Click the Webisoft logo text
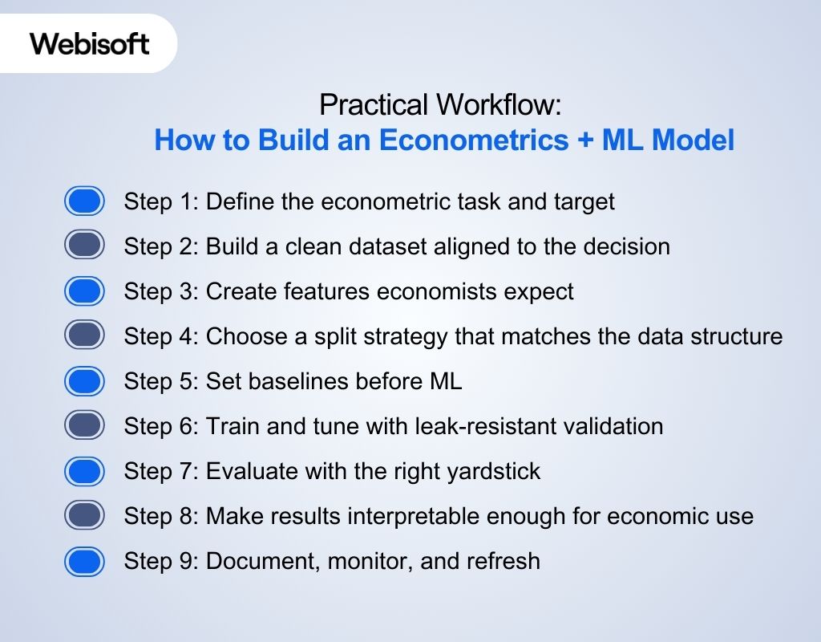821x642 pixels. click(90, 43)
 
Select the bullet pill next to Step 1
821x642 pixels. click(84, 201)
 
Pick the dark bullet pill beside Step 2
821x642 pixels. click(84, 246)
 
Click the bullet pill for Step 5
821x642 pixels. click(84, 381)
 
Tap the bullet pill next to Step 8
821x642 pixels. click(84, 515)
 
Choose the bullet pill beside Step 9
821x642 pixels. click(84, 561)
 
